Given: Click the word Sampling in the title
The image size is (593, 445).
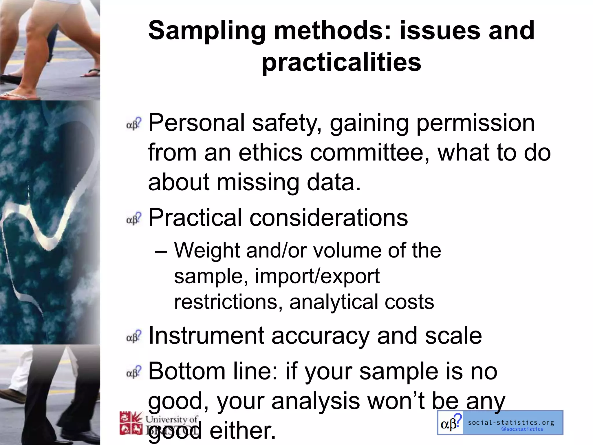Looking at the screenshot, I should pos(207,31).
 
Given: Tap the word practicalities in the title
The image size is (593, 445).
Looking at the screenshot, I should pos(341,62).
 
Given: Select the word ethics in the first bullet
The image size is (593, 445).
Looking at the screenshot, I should pos(270,152).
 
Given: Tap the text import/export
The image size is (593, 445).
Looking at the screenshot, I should pos(317,276).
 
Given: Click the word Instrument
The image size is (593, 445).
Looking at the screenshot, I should pos(206,335).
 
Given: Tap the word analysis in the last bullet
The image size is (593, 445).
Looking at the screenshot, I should pos(315,401).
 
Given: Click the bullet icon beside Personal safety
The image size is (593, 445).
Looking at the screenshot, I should pos(134,123).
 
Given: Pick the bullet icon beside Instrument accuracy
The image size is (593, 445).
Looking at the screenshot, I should pos(134,336).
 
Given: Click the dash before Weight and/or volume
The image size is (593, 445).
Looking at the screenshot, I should pos(161,251).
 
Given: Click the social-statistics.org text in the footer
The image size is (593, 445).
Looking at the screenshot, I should pos(511,423).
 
